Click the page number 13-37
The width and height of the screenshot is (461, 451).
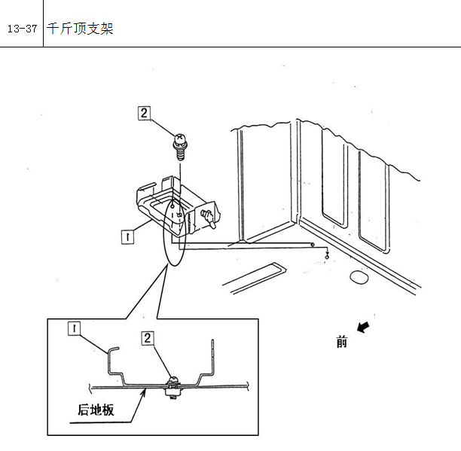(x=23, y=29)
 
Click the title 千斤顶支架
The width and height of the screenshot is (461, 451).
(x=80, y=29)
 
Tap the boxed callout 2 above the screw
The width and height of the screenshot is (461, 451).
(x=144, y=113)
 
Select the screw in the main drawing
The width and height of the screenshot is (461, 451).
(x=179, y=147)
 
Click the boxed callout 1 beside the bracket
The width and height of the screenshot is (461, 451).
(x=127, y=237)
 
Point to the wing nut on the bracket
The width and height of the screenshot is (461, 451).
(x=208, y=218)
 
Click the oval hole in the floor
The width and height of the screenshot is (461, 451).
(x=359, y=277)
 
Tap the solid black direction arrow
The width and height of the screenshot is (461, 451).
(x=363, y=327)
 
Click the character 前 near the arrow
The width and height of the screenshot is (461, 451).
(x=342, y=343)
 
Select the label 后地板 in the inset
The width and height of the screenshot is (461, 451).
(x=96, y=410)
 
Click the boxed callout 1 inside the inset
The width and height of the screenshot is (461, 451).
(x=74, y=328)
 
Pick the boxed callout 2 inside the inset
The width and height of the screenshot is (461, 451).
(x=148, y=338)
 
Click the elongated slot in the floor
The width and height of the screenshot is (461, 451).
(x=255, y=278)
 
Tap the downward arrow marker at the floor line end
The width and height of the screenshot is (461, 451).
(x=327, y=254)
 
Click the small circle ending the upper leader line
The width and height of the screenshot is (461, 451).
(x=313, y=245)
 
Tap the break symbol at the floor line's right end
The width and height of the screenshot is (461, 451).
(x=248, y=386)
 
